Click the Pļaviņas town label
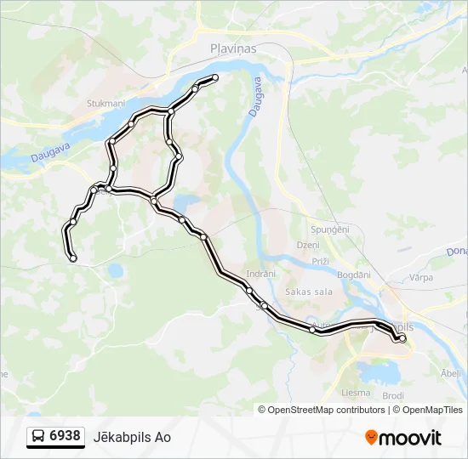click(x=233, y=49)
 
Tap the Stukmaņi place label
click(x=105, y=104)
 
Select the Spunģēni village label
click(x=330, y=230)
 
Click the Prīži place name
click(x=320, y=261)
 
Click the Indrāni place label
click(x=260, y=274)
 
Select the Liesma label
click(x=355, y=393)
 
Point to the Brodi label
click(x=392, y=396)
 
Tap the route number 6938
click(x=66, y=436)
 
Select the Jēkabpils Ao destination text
click(x=139, y=437)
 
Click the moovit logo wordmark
click(x=411, y=438)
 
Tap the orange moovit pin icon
click(x=371, y=438)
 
